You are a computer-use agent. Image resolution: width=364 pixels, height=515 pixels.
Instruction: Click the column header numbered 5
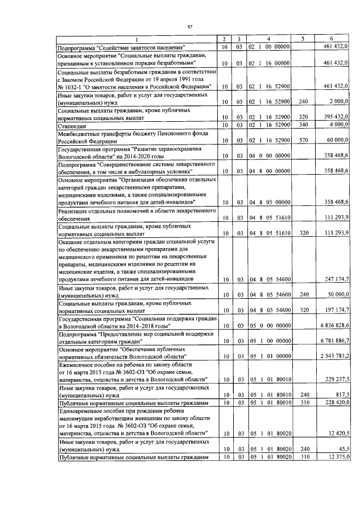[x=303, y=39]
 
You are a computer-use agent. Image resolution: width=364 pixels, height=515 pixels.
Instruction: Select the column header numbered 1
[x=136, y=39]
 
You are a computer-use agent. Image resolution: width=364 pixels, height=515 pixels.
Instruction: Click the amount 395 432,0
[x=336, y=117]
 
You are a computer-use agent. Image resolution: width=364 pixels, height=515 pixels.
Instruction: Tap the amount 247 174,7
[x=336, y=279]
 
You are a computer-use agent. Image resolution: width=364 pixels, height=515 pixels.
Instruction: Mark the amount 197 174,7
[x=336, y=310]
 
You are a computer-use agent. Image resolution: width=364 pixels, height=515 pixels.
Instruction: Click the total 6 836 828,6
[x=333, y=326]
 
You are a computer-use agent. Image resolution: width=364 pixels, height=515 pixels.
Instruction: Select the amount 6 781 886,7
[x=333, y=341]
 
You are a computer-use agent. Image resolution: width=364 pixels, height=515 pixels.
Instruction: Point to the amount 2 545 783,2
[x=333, y=356]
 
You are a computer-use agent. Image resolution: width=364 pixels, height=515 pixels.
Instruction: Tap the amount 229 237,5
[x=336, y=379]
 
